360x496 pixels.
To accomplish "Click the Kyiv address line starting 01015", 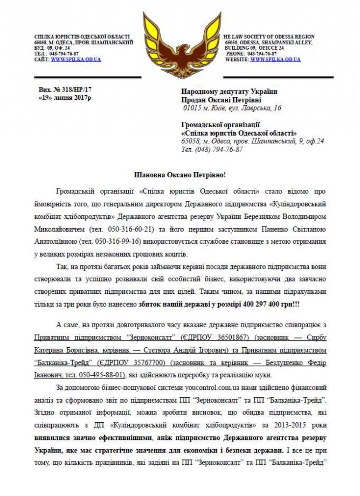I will pos(232,108).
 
